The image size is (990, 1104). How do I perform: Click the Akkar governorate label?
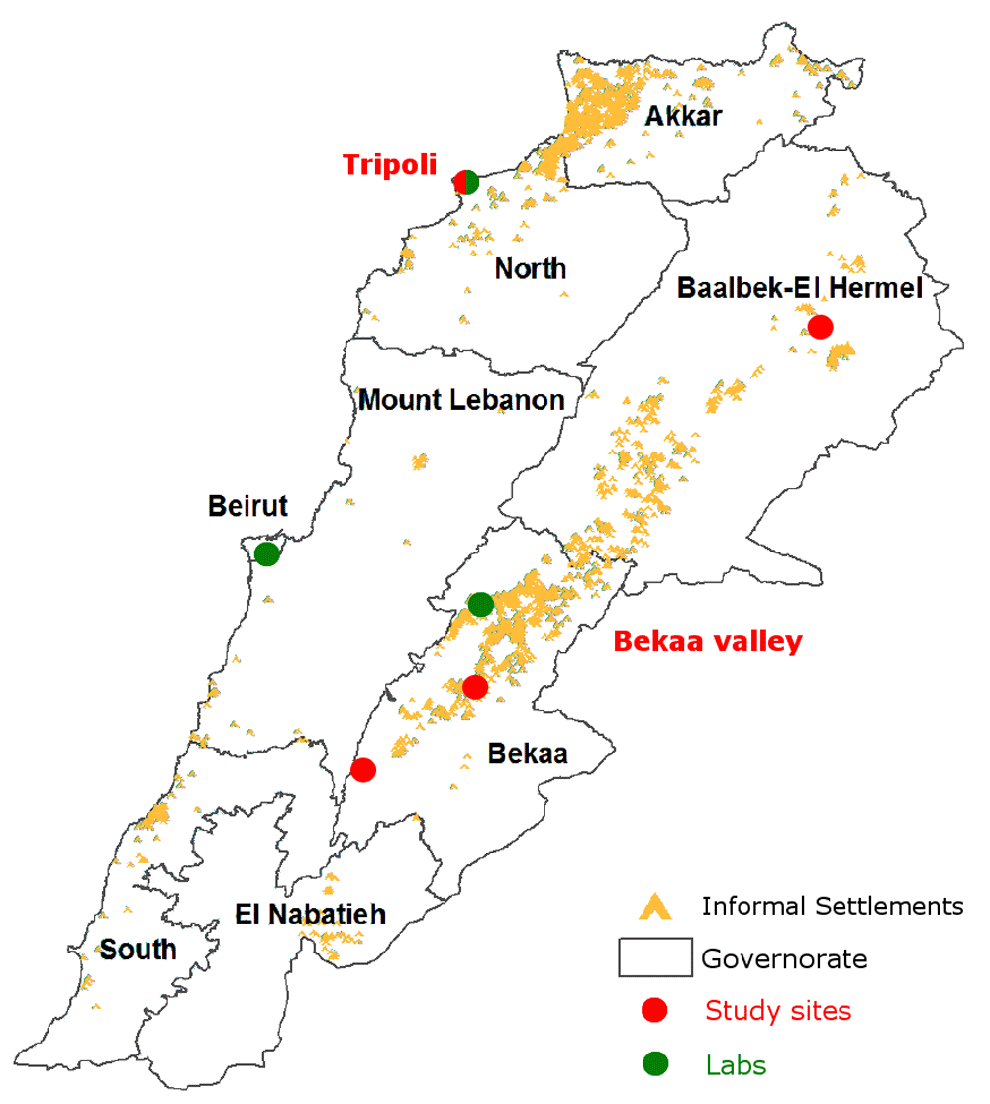[683, 116]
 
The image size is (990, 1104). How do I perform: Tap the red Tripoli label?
[390, 164]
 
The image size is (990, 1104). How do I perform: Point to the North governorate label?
[531, 268]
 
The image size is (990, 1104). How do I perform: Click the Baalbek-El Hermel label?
[799, 288]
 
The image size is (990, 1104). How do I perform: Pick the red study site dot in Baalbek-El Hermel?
[820, 327]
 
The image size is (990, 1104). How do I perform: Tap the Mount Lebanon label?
[461, 400]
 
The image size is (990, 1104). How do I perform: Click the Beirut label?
[247, 506]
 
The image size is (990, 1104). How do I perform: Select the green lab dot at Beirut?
[267, 553]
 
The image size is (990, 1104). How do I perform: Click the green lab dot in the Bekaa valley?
[481, 604]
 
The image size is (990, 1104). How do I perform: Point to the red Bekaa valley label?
[708, 641]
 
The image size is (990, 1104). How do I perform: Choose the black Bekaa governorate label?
[528, 754]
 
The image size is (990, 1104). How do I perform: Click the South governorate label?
[139, 950]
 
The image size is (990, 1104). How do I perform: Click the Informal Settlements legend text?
[832, 905]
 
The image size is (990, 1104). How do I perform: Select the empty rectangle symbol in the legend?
[654, 958]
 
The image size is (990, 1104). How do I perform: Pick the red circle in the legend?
[654, 1011]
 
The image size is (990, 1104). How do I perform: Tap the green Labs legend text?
[736, 1065]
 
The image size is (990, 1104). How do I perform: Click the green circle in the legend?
[654, 1065]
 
